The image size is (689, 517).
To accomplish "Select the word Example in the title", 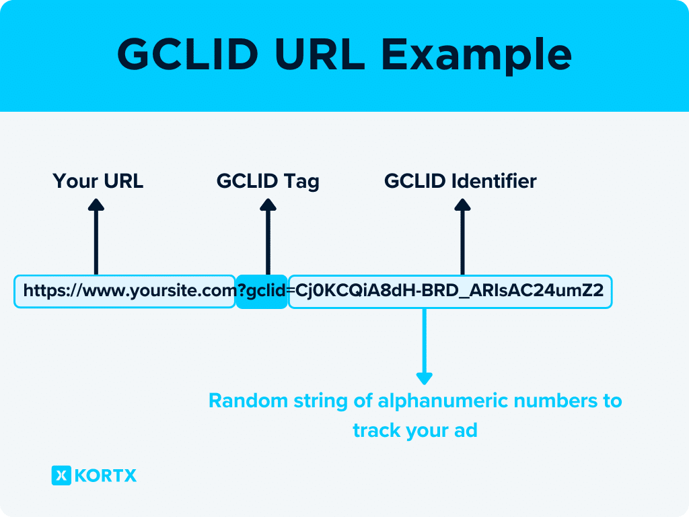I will (x=476, y=55).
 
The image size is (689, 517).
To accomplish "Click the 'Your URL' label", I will (x=98, y=181).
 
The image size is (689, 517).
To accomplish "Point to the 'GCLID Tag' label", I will (x=268, y=181).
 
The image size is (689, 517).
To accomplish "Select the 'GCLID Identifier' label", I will (x=460, y=181).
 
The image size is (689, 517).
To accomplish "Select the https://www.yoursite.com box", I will (x=124, y=291).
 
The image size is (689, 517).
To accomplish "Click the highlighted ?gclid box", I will (x=262, y=291).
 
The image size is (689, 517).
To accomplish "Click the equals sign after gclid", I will (x=291, y=291).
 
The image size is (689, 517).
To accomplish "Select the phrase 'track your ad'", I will (x=414, y=430).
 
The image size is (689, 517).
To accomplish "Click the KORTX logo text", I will (x=106, y=476).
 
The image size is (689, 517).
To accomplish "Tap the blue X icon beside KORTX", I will (x=61, y=476).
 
